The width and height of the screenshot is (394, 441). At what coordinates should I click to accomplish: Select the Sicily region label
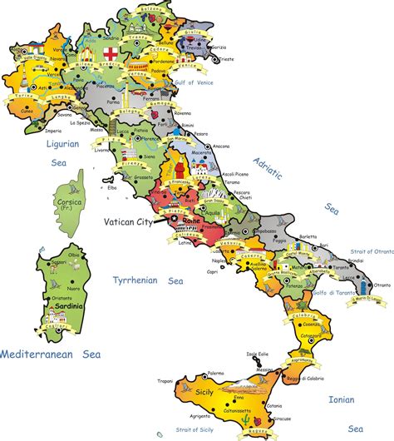click(x=204, y=390)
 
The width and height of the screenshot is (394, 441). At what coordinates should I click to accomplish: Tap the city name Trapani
click(x=165, y=382)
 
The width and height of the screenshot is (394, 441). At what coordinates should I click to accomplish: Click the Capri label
click(x=190, y=270)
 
